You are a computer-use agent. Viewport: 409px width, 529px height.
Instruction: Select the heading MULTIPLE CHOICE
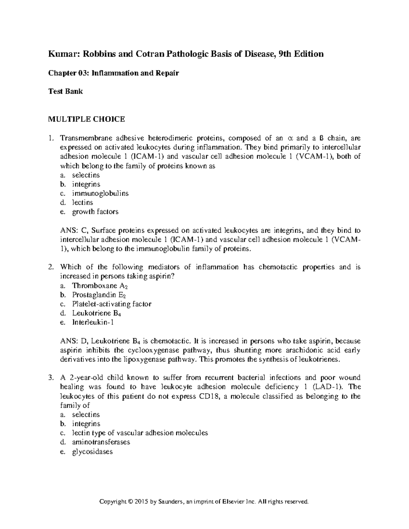pyautogui.click(x=86, y=119)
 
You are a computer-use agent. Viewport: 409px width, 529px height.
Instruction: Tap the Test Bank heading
pyautogui.click(x=65, y=91)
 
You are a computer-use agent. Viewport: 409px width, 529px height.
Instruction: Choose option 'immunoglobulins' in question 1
pyautogui.click(x=100, y=193)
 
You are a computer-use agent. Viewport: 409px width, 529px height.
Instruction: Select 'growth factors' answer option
pyautogui.click(x=95, y=212)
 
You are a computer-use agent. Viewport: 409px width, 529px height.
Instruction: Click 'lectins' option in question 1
pyautogui.click(x=82, y=202)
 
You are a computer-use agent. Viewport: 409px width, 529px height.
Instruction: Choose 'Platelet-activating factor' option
pyautogui.click(x=111, y=304)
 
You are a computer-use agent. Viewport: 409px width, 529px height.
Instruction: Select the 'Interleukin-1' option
pyautogui.click(x=92, y=322)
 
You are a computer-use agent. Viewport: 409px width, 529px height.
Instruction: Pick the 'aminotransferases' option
pyautogui.click(x=101, y=442)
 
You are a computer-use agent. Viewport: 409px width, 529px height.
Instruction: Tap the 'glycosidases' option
pyautogui.click(x=92, y=452)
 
